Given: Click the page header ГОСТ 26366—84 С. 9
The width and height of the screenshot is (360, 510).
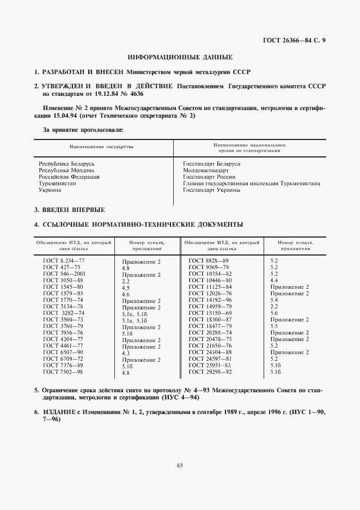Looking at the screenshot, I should [x=294, y=41].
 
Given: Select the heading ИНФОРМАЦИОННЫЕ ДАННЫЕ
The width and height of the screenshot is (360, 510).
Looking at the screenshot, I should [x=180, y=57].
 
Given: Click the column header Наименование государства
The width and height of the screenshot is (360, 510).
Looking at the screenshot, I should [x=101, y=147].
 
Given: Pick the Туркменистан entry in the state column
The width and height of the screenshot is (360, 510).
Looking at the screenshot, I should [x=57, y=184].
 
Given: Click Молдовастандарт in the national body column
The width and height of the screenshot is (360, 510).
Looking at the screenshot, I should [x=206, y=171].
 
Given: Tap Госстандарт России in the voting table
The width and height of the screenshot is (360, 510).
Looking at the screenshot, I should [x=209, y=177].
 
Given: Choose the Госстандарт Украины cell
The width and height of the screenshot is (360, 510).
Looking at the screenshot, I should [x=211, y=190].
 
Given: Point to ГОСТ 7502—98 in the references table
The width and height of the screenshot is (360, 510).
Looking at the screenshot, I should [x=63, y=372].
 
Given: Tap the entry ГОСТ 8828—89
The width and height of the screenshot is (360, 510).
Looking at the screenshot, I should [x=210, y=260].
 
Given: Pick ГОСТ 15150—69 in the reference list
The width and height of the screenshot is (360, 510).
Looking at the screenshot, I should [x=210, y=313].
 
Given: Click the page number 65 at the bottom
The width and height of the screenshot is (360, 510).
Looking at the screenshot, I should [x=180, y=465].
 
